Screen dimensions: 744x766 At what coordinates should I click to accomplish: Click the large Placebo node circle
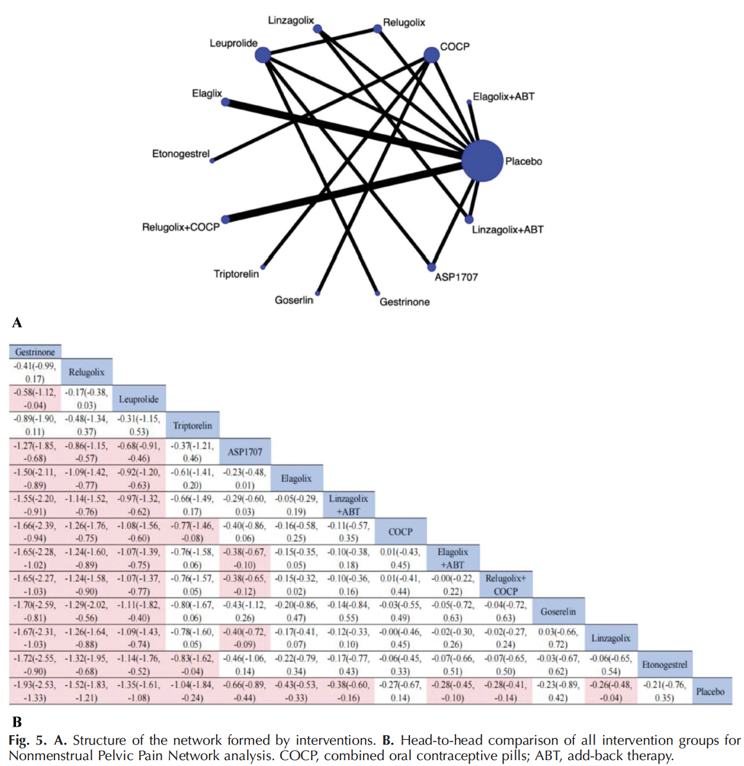[x=482, y=160]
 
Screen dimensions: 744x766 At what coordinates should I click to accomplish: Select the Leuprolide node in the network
[x=262, y=54]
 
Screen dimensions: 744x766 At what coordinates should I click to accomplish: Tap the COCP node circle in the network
[x=431, y=54]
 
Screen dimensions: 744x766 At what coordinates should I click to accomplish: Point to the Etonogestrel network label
[x=181, y=153]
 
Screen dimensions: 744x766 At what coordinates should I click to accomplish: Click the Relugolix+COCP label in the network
[x=181, y=227]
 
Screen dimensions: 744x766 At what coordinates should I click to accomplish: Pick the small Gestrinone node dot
[x=377, y=293]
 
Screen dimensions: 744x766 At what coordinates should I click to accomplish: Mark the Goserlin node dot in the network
[x=318, y=293]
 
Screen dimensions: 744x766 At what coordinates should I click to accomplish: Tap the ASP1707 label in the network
[x=456, y=277]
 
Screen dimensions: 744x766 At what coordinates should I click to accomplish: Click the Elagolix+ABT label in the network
[x=504, y=96]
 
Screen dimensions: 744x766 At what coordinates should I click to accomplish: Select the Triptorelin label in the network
[x=236, y=273]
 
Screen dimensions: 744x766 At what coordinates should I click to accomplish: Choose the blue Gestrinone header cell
[x=35, y=352]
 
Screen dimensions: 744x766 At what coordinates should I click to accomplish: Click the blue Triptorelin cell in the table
[x=193, y=425]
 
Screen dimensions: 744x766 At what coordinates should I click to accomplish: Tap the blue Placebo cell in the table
[x=710, y=691]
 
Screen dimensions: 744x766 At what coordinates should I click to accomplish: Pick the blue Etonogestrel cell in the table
[x=665, y=664]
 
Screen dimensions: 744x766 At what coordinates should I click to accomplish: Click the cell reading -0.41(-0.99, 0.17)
[x=35, y=372]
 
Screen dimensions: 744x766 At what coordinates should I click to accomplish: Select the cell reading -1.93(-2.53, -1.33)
[x=35, y=691]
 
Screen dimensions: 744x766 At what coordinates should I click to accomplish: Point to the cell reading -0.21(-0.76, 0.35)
[x=665, y=691]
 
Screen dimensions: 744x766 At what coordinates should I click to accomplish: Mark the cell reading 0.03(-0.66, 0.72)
[x=558, y=638]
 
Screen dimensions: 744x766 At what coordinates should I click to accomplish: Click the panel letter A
[x=17, y=323]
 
